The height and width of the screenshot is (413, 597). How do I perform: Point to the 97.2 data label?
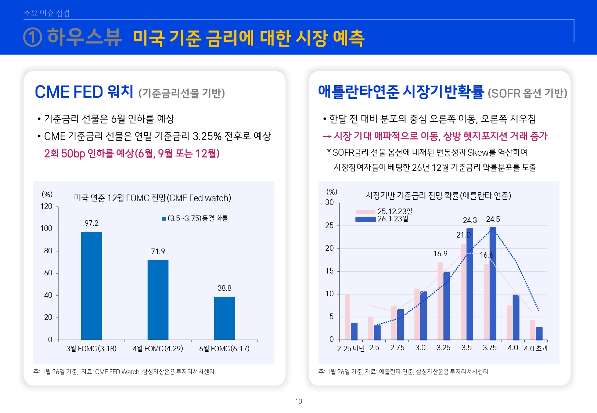coord(91,223)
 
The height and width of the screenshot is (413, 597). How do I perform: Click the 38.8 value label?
coord(224,288)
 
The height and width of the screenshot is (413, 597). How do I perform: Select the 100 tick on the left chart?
coord(46,228)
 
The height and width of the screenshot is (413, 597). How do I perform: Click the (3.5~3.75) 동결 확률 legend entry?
coord(195,218)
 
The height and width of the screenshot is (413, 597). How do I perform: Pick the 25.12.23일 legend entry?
coord(384,211)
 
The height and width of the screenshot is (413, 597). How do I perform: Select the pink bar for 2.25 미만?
coord(348,317)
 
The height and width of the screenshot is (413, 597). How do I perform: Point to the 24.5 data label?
coord(493,219)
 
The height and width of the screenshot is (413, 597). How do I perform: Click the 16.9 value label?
coord(440,254)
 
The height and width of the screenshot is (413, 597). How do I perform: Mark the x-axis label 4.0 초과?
coord(536,348)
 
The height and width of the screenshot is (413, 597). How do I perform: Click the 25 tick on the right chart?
coord(330,225)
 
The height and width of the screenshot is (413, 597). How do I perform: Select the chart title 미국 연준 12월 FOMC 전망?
coord(152,198)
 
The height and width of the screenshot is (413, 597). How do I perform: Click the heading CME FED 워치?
coord(84,92)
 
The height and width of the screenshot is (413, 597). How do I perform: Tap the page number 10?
coord(298,401)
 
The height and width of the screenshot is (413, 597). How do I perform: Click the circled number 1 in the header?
coord(32,37)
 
